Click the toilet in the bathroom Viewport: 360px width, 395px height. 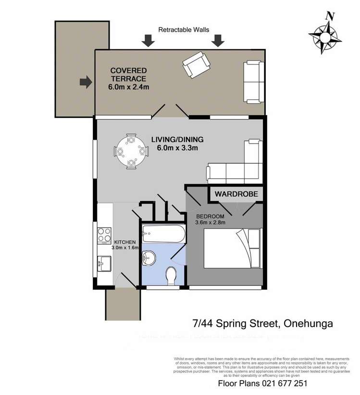(x=171, y=277)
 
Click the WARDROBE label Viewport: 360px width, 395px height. (x=236, y=194)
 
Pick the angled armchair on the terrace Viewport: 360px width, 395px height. (x=196, y=65)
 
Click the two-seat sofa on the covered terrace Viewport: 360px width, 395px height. (x=253, y=82)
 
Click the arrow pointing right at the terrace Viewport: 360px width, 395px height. (x=86, y=83)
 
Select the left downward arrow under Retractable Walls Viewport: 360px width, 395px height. (x=148, y=41)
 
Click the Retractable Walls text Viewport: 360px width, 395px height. (x=184, y=30)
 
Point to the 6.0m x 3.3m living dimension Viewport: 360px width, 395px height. (x=177, y=148)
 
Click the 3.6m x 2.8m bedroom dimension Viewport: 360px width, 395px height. (x=210, y=222)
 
